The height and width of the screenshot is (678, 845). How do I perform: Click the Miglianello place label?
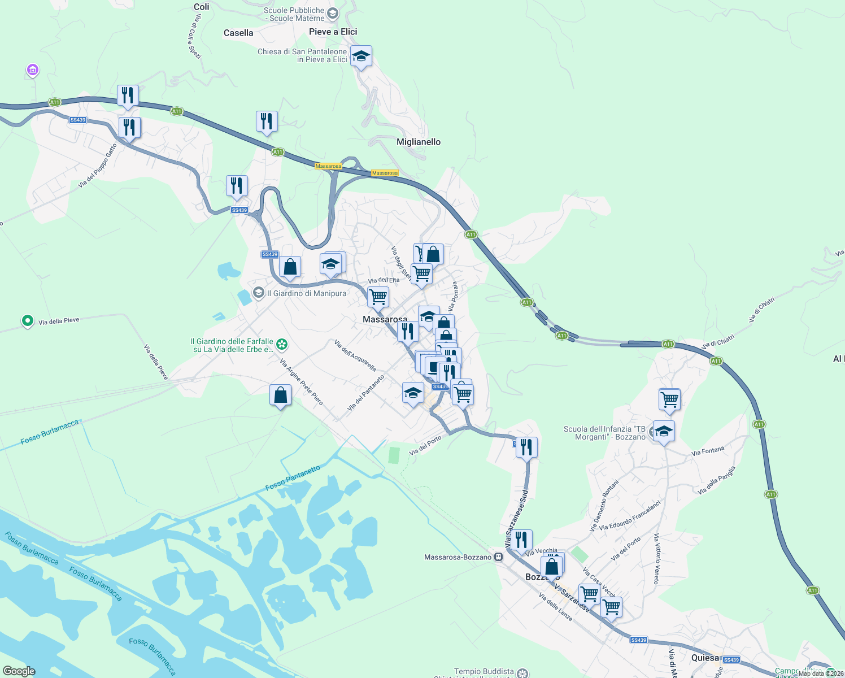(418, 142)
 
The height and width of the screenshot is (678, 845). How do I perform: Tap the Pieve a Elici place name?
(333, 32)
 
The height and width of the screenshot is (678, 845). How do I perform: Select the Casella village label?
(238, 33)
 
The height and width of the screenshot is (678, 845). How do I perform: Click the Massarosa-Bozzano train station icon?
(498, 557)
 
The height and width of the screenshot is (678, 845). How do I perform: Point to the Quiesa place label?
(705, 658)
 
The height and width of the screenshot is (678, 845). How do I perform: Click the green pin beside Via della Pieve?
(27, 321)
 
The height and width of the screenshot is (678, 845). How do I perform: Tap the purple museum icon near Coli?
(33, 70)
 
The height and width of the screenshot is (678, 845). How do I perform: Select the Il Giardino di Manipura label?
(306, 293)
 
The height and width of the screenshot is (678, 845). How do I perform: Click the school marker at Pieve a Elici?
(361, 56)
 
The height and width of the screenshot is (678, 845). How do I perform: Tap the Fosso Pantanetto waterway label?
(293, 478)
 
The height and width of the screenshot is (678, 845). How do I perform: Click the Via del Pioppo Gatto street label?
(98, 166)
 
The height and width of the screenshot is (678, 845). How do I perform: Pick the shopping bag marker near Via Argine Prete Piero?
(280, 395)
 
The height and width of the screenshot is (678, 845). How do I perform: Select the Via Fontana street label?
(707, 451)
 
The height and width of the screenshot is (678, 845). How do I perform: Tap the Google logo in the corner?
(19, 671)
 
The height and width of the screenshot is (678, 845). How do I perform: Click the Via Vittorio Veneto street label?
(656, 558)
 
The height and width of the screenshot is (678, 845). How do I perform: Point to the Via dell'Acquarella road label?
(355, 355)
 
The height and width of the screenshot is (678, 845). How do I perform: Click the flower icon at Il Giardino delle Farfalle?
(282, 344)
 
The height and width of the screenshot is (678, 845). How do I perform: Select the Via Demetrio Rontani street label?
(604, 506)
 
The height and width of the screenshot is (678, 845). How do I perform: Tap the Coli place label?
(201, 7)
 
